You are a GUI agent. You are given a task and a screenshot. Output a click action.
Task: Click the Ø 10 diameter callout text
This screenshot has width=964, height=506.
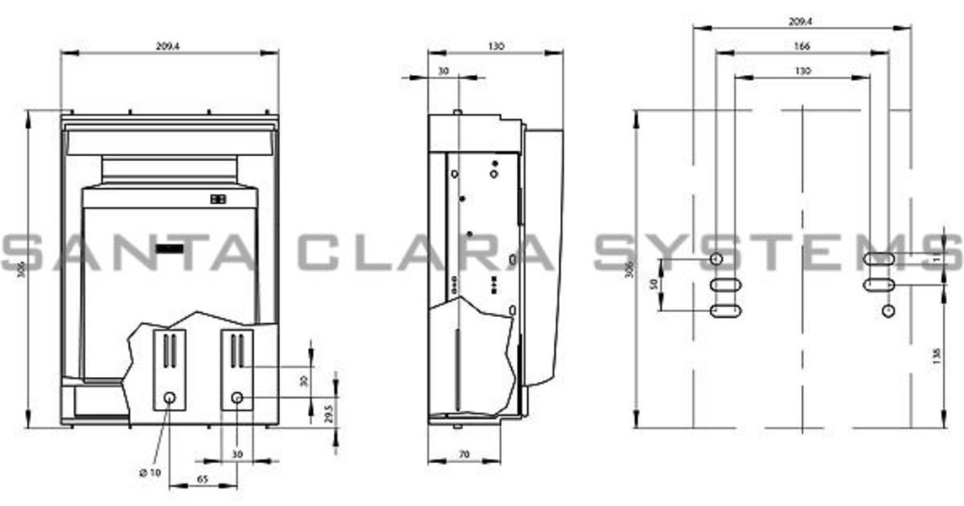point(149,473)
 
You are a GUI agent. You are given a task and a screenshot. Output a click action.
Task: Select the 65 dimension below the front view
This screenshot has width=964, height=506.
point(204,479)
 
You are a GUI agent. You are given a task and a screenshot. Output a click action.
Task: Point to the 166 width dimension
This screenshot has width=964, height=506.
point(802,46)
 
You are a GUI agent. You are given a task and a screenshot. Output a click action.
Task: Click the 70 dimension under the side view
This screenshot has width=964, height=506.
point(465,454)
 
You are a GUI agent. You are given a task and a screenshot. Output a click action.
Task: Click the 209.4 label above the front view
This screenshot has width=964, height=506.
point(169,46)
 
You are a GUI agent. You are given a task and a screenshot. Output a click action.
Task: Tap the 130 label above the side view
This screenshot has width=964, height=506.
point(496,46)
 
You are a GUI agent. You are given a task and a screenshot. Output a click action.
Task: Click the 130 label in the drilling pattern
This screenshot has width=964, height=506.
point(802,72)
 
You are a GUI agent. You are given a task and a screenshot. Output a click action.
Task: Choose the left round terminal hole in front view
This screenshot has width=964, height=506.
point(170,397)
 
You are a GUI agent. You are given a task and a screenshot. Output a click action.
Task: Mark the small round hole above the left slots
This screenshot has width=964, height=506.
point(716,258)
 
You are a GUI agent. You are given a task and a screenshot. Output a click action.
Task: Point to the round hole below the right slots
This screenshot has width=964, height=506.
point(887,311)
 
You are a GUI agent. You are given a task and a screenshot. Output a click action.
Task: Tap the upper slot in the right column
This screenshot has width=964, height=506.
point(879,259)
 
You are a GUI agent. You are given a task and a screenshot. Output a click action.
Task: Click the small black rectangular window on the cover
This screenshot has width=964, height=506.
point(169,248)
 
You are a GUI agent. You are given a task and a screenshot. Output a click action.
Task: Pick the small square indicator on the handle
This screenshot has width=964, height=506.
point(218,200)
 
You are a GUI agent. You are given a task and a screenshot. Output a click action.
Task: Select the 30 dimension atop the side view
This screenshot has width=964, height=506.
point(444,72)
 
